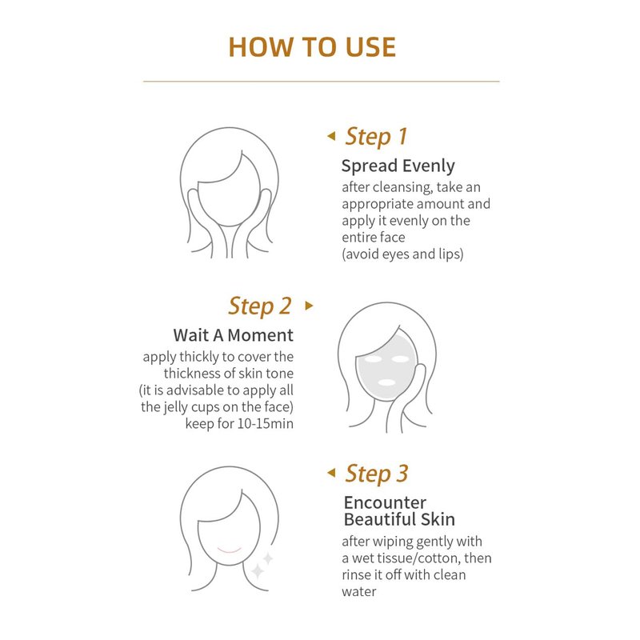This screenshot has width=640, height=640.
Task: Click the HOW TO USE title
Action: pyautogui.click(x=312, y=47)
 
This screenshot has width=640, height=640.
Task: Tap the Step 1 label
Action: pyautogui.click(x=376, y=137)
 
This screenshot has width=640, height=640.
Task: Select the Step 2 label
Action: pyautogui.click(x=260, y=306)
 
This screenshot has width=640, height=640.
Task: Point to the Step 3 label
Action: pyautogui.click(x=376, y=474)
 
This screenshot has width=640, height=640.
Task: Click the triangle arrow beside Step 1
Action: pyautogui.click(x=331, y=136)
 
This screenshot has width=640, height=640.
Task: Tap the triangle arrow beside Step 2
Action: pyautogui.click(x=309, y=306)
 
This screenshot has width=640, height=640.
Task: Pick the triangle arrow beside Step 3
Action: pyautogui.click(x=331, y=473)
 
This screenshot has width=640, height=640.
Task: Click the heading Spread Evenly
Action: pyautogui.click(x=398, y=166)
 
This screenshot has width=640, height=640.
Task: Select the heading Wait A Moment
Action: pyautogui.click(x=233, y=335)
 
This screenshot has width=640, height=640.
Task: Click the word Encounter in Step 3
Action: pyautogui.click(x=385, y=502)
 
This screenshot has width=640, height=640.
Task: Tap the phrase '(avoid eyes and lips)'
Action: pyautogui.click(x=402, y=254)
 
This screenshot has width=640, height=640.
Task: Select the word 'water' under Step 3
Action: pyautogui.click(x=359, y=592)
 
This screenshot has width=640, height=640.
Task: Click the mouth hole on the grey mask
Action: pyautogui.click(x=386, y=382)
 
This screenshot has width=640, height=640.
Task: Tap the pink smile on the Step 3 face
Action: pyautogui.click(x=230, y=550)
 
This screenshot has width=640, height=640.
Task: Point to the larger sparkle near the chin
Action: pyautogui.click(x=258, y=570)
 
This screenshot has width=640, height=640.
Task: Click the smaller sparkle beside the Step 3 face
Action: pyautogui.click(x=268, y=558)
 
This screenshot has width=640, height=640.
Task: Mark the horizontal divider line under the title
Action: pyautogui.click(x=322, y=82)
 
